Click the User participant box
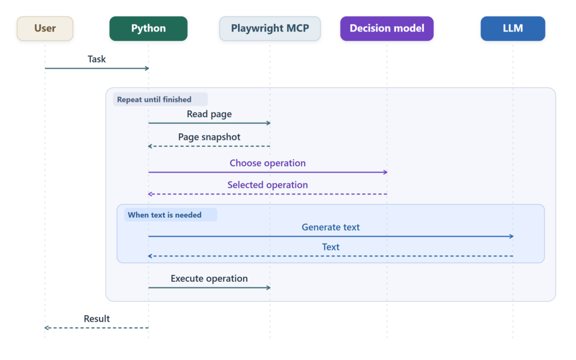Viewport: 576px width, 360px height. click(45, 28)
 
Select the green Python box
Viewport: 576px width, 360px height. click(148, 28)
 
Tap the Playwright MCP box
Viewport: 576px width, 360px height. click(270, 28)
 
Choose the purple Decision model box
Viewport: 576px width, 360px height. click(387, 28)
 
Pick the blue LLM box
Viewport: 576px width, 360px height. click(513, 28)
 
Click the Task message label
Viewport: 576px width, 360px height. click(97, 59)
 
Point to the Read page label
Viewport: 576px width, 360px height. click(209, 114)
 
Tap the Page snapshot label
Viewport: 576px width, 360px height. click(209, 137)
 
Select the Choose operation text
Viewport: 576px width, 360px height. click(267, 163)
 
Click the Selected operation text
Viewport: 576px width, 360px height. click(267, 184)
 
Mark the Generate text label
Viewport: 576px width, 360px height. click(331, 227)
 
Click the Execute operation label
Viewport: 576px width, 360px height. click(209, 278)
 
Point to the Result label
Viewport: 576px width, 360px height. click(97, 318)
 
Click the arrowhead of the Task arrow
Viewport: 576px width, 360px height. click(147, 68)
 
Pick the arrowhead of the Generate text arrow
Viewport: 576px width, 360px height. click(512, 237)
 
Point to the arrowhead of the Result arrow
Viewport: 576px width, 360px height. click(46, 328)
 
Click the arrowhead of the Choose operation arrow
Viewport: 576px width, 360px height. click(386, 172)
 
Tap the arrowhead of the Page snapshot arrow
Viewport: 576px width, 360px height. click(150, 146)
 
